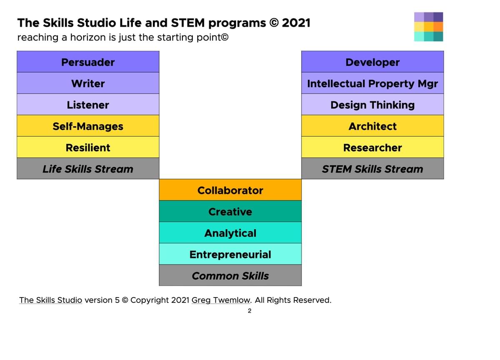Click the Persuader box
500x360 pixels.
88,62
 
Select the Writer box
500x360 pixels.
88,83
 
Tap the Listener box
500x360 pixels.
88,105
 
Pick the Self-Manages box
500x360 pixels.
88,126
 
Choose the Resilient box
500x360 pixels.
88,147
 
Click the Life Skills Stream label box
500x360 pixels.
88,168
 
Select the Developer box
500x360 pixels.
372,62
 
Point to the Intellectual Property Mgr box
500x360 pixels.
372,83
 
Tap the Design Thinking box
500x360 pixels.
372,105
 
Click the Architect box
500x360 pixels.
372,126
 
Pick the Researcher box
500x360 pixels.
372,147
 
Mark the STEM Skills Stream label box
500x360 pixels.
372,168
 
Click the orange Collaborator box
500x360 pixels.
230,190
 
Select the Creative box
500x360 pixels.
230,211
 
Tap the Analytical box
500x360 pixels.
230,232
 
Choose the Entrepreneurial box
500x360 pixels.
230,254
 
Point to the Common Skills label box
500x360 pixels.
230,275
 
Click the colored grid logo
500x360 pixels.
429,27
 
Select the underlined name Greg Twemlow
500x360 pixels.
221,300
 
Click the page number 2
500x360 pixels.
250,311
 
